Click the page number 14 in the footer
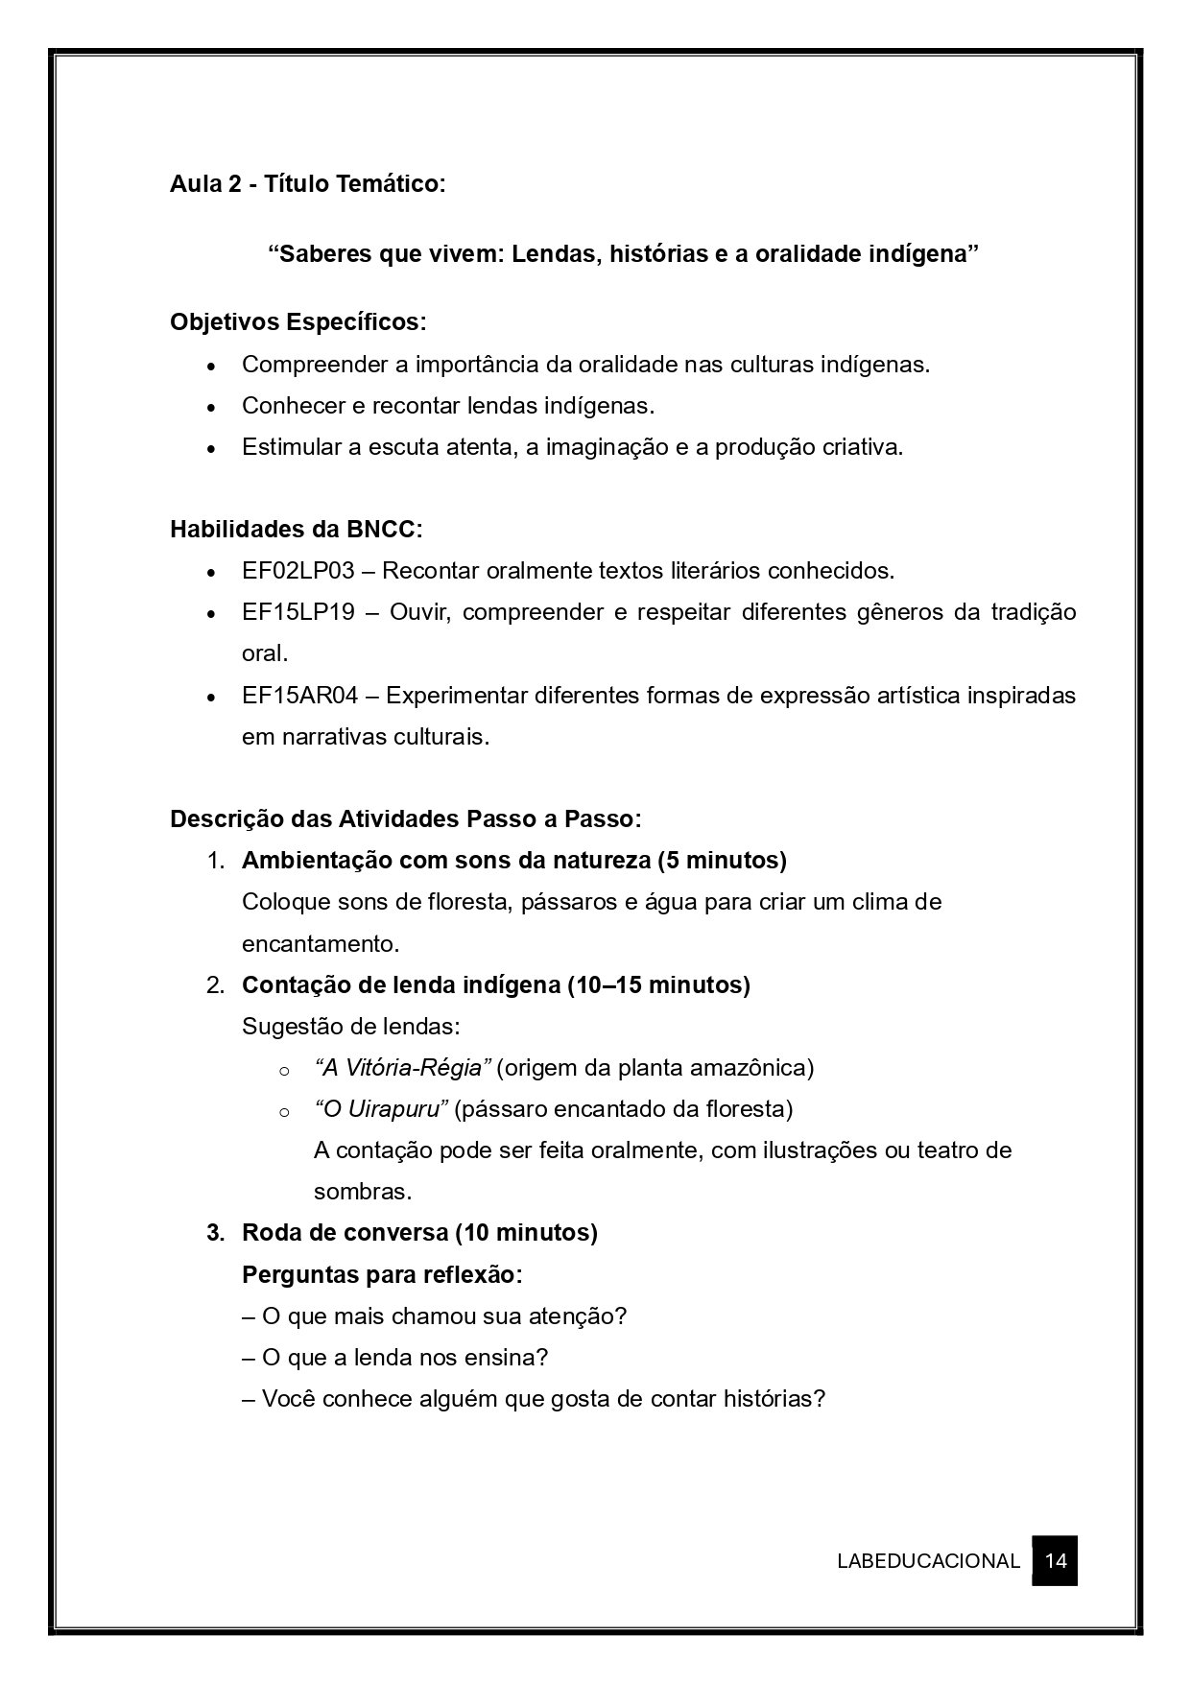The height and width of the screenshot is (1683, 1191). (x=1055, y=1560)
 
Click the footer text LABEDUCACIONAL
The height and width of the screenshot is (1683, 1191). (x=927, y=1561)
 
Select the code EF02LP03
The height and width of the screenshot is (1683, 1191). (x=298, y=571)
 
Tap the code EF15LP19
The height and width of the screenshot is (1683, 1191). (x=298, y=612)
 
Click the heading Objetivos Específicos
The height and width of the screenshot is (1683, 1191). (x=298, y=321)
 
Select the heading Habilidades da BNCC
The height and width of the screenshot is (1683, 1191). (x=295, y=529)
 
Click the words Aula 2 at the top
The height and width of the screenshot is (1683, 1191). (x=205, y=183)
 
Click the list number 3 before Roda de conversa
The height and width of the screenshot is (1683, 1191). (x=214, y=1233)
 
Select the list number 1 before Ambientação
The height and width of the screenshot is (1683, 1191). (x=214, y=861)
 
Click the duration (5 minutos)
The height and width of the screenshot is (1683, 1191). (x=722, y=861)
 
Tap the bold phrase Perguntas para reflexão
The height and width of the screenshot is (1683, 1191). (x=382, y=1274)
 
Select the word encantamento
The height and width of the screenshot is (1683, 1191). (x=320, y=943)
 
